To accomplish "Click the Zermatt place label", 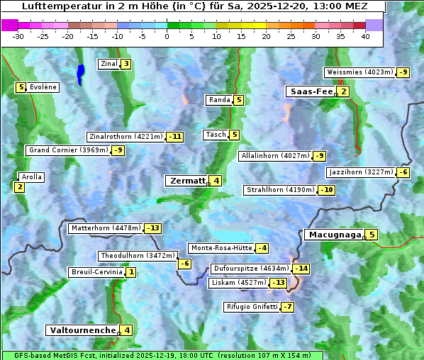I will point(187,181).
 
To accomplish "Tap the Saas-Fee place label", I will point(311,91).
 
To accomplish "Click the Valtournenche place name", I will point(82,330).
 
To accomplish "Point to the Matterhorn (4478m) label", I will point(105,228).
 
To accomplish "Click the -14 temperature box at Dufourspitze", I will point(302,269).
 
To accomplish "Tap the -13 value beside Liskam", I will point(279,283).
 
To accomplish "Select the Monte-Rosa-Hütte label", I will point(221,248).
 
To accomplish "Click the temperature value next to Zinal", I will point(125,64).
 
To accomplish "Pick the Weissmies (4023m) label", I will point(359,72).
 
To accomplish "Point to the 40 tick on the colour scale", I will point(365,36).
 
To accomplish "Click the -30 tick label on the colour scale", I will point(18,36).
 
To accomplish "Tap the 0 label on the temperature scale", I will point(167,36).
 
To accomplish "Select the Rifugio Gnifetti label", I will point(252,307).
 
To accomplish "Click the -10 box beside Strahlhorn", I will point(326,190).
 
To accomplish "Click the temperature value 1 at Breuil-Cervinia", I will point(131,272).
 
